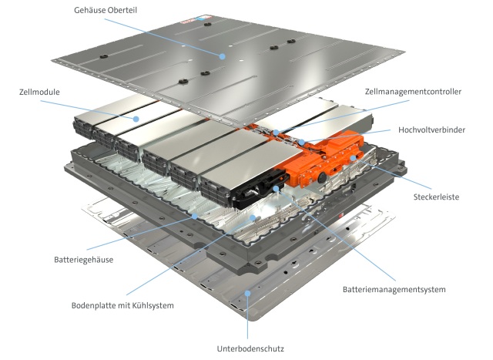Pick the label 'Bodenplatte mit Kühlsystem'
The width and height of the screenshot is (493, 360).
point(122,305)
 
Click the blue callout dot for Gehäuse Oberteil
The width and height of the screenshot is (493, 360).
point(222,56)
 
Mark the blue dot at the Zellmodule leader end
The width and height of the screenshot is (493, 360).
point(136,119)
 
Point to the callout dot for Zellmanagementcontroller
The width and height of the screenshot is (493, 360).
point(275,133)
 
